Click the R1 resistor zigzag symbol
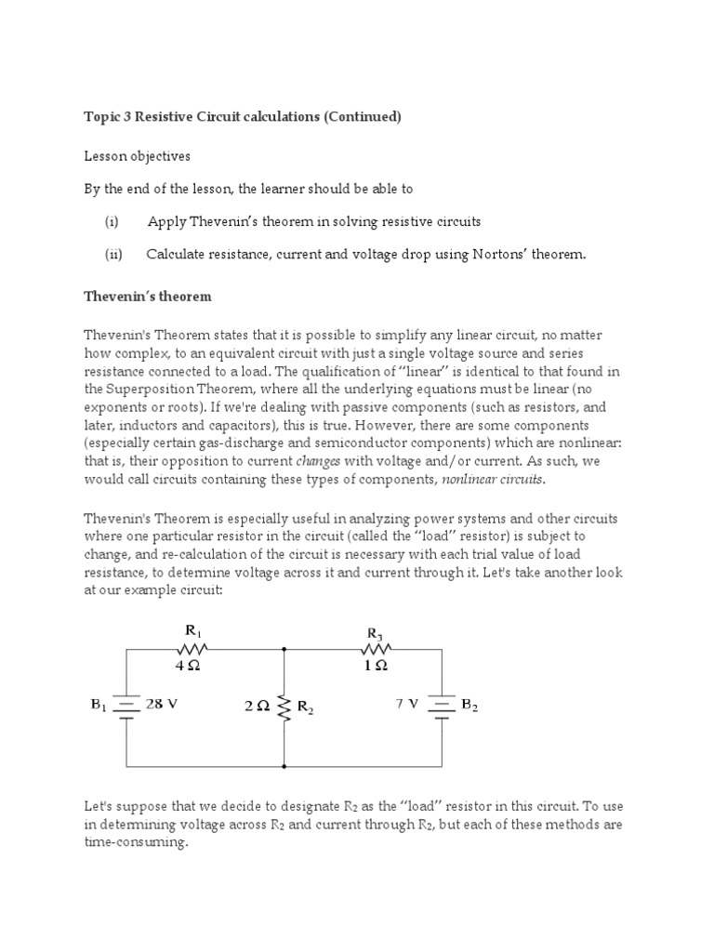click(196, 649)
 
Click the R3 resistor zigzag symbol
click(378, 649)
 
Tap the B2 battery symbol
click(441, 707)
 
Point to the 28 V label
click(162, 704)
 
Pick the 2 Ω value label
click(257, 706)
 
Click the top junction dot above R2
click(284, 649)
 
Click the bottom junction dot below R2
click(284, 767)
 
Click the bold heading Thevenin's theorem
click(148, 297)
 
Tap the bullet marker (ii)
click(113, 254)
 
